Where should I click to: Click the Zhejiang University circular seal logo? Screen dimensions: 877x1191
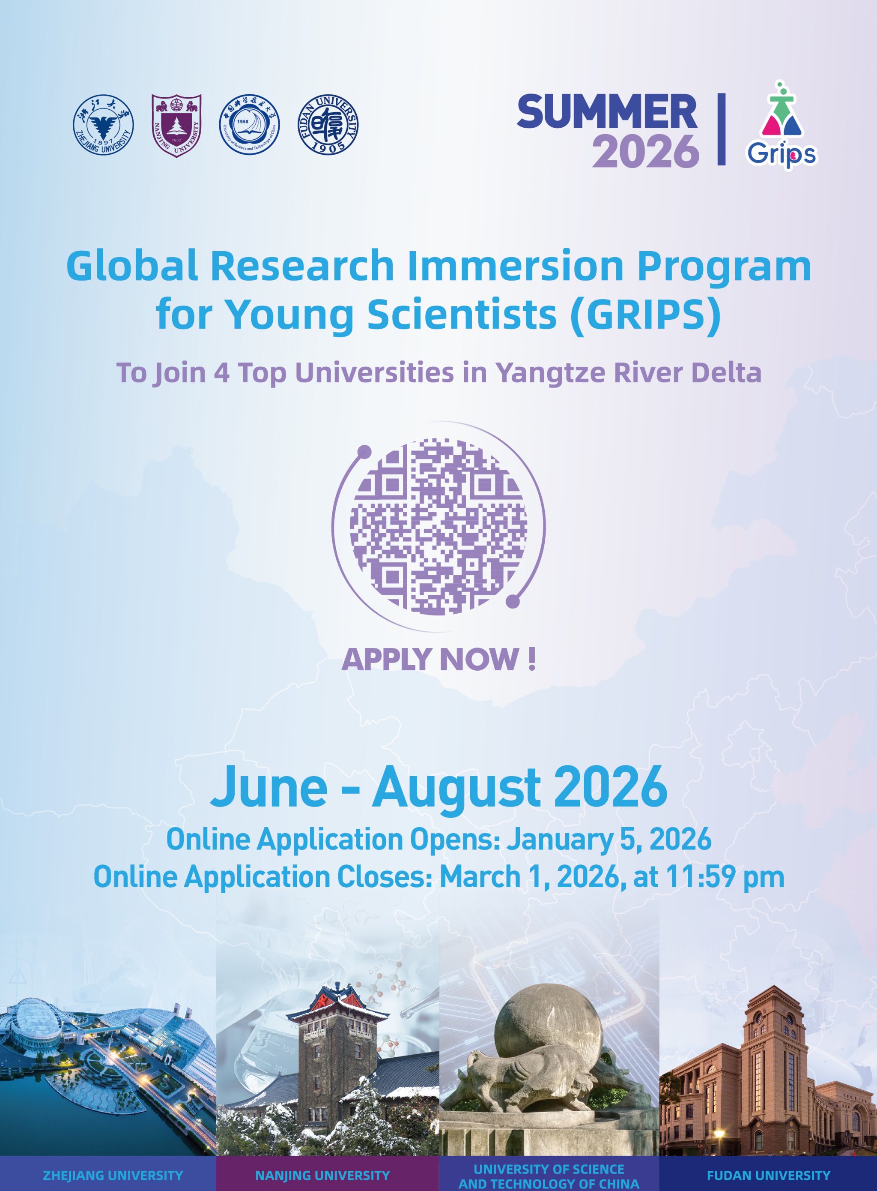103,126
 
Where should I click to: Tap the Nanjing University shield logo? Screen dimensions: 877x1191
177,126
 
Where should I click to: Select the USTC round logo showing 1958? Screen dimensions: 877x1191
250,126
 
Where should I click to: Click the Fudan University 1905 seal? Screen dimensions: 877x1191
328,126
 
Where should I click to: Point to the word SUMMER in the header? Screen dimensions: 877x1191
607,111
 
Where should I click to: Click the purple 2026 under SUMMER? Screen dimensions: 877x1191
645,151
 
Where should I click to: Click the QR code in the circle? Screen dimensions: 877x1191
438,526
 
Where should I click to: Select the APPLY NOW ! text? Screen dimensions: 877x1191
438,659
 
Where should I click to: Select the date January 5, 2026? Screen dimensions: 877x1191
609,840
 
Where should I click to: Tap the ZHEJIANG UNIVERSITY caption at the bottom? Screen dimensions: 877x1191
113,1175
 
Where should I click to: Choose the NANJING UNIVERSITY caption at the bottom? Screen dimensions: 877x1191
322,1175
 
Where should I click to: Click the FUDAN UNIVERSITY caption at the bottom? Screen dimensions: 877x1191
768,1175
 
